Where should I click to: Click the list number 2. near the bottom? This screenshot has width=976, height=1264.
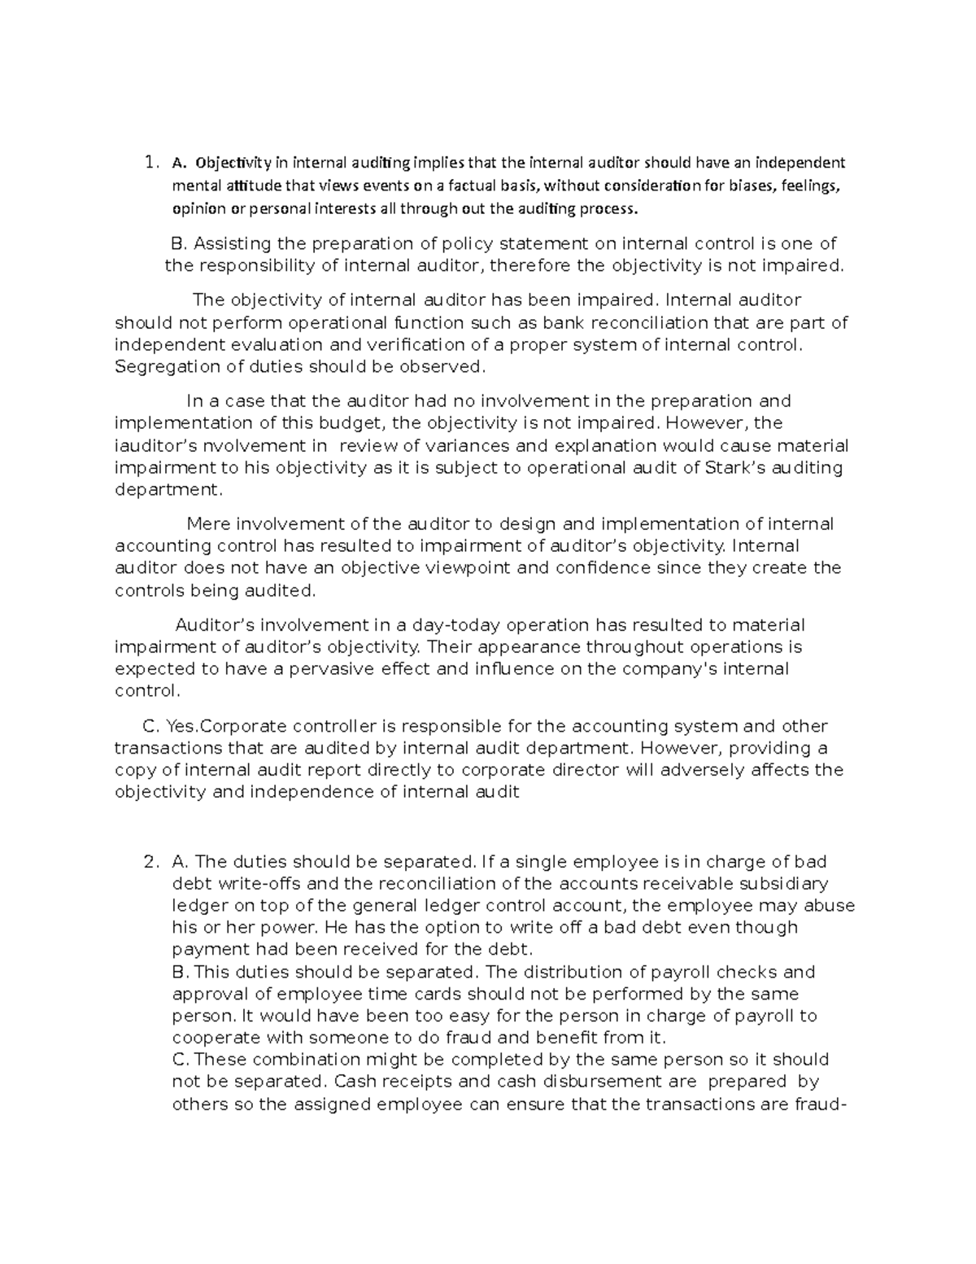pyautogui.click(x=150, y=862)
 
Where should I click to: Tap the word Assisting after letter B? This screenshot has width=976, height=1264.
pyautogui.click(x=232, y=243)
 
